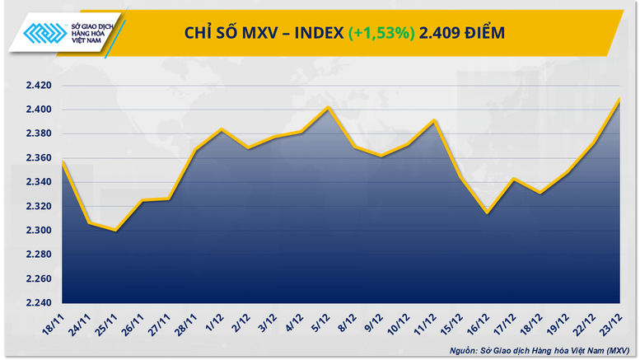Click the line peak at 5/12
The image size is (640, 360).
click(329, 107)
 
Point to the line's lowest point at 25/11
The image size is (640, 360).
click(114, 231)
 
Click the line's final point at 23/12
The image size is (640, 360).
click(619, 98)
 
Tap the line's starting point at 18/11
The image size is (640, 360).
click(62, 161)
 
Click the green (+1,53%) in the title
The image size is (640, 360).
click(380, 33)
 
